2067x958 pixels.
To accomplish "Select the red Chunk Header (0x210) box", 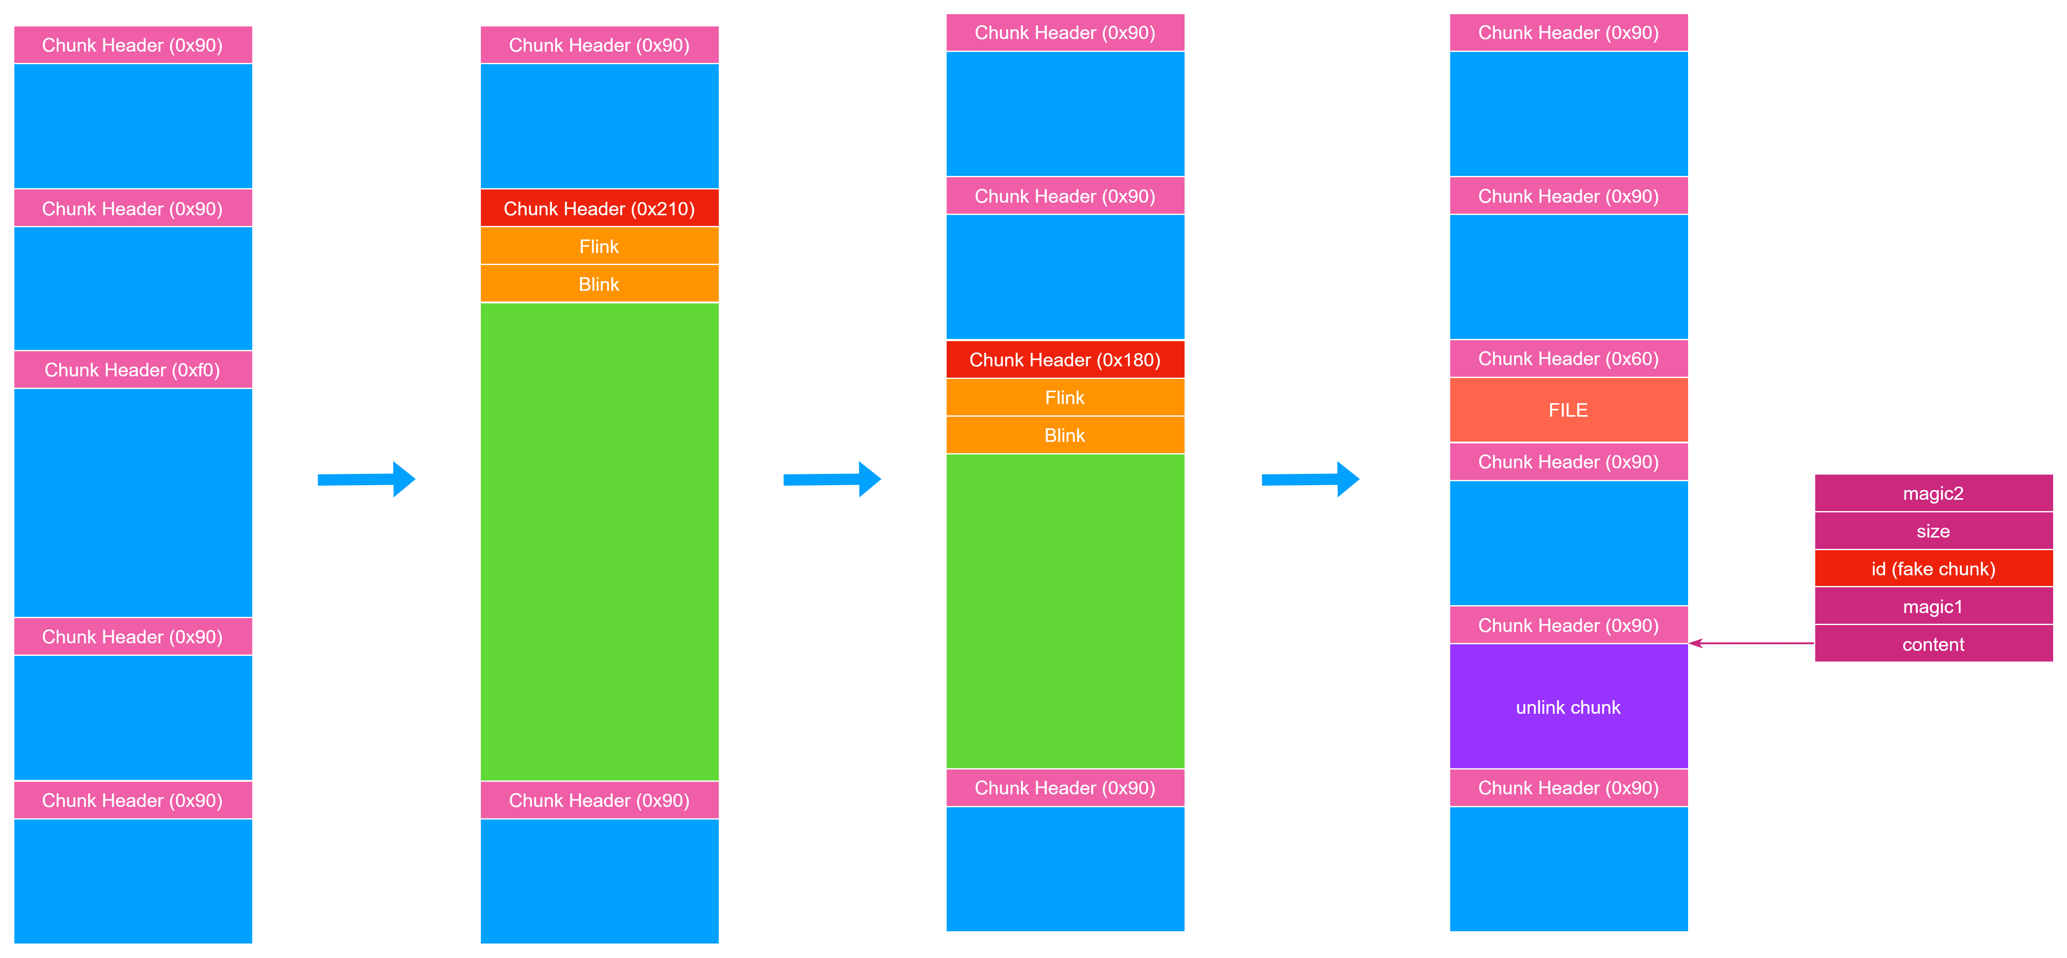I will (600, 209).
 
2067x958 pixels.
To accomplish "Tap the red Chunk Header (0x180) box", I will (1065, 359).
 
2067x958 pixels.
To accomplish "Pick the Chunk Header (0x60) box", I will (1568, 359).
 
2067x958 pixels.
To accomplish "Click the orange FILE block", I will (1568, 410).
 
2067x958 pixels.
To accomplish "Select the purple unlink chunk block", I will (1568, 707).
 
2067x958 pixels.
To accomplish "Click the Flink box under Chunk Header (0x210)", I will (600, 246).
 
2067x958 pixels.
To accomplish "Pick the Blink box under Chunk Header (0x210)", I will (600, 284).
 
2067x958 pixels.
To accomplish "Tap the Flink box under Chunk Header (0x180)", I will (1065, 397).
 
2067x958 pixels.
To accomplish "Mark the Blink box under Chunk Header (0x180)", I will (1065, 435).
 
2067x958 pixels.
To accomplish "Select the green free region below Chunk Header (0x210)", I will (600, 542).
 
